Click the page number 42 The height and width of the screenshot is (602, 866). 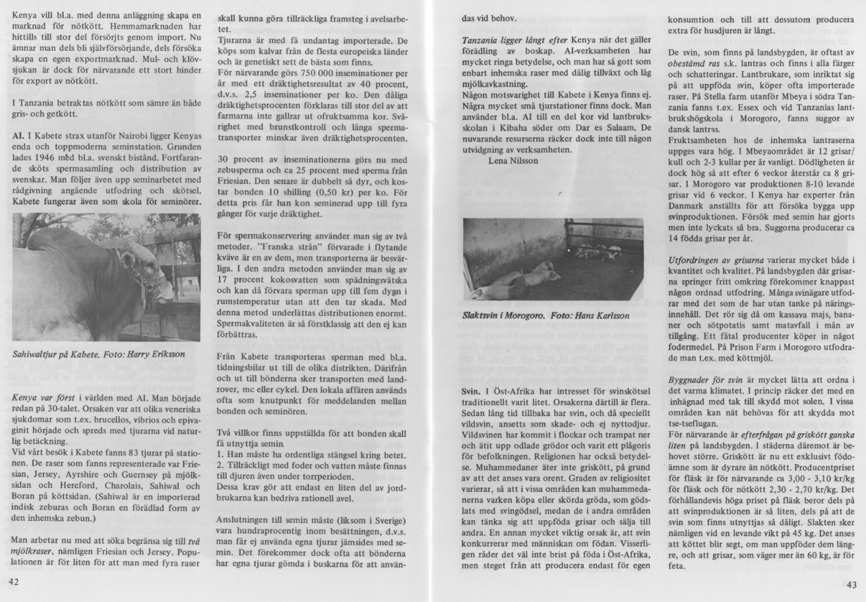point(14,584)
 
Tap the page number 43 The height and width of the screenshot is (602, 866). point(851,584)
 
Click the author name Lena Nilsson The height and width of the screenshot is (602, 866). point(514,160)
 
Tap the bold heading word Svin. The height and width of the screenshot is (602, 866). point(472,392)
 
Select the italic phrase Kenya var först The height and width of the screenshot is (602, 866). point(43,398)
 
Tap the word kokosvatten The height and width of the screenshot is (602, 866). point(278,287)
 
